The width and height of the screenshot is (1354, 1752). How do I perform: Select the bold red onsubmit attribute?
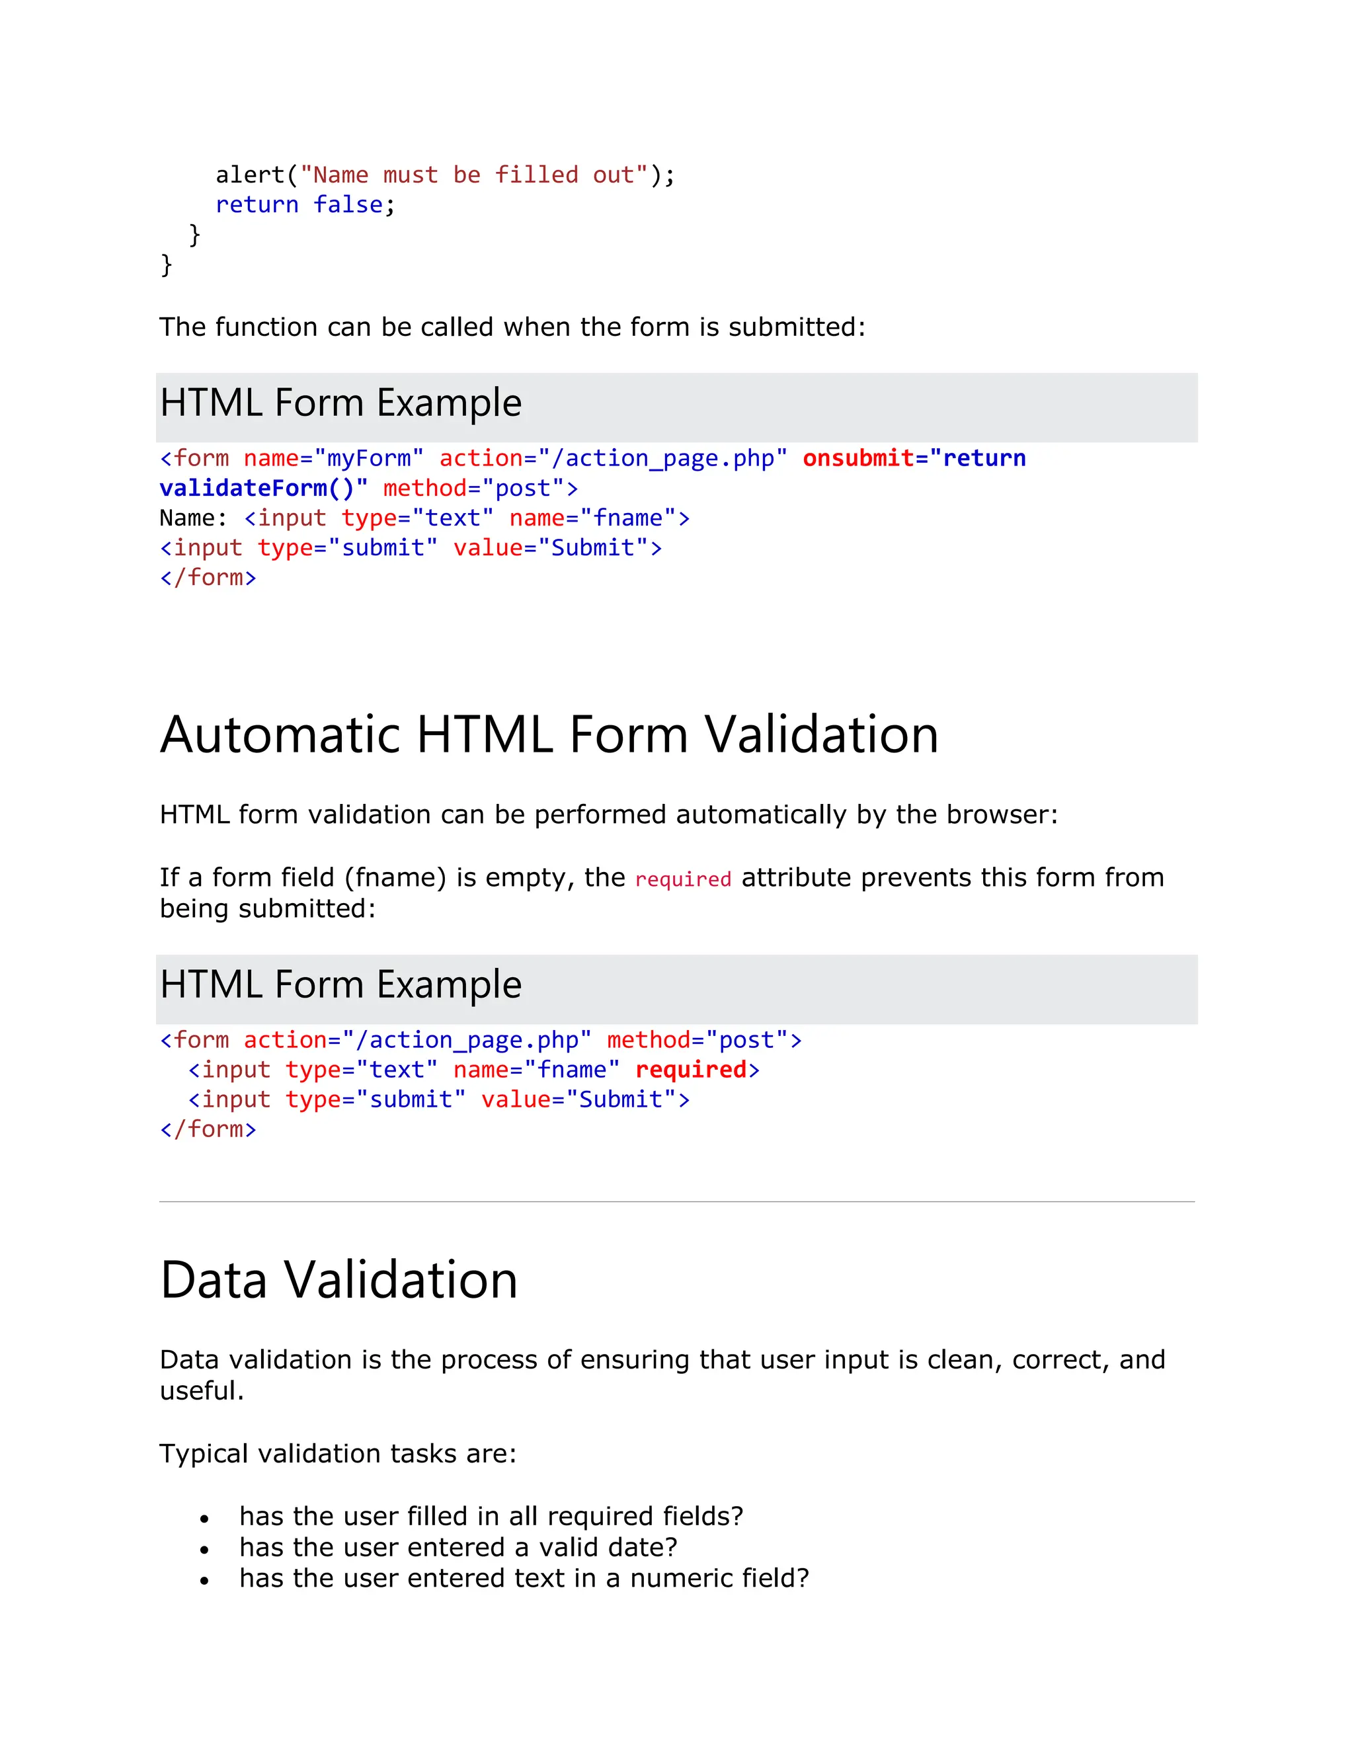click(858, 458)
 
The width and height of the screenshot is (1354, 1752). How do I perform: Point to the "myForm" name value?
click(368, 458)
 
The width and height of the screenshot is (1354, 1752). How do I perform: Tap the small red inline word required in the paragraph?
click(682, 879)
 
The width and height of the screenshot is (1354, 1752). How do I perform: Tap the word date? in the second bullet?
click(642, 1548)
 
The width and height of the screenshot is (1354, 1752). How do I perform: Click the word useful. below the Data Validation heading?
click(202, 1390)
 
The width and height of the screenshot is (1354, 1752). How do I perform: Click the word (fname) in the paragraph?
click(395, 877)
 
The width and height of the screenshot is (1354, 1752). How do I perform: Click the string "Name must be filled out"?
click(473, 175)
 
